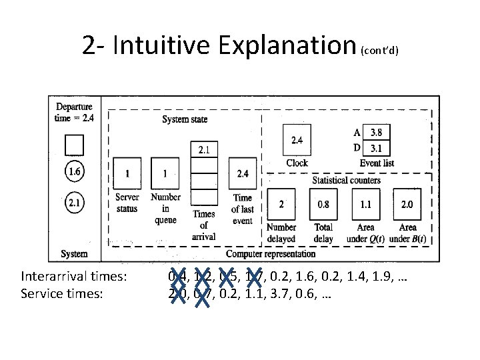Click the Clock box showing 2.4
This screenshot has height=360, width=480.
297,141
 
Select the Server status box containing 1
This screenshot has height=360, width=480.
127,174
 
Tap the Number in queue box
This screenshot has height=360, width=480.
165,174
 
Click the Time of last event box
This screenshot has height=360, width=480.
242,174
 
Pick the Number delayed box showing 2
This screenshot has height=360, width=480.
281,205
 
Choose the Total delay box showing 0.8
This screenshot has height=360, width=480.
323,205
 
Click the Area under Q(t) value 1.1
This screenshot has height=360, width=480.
365,205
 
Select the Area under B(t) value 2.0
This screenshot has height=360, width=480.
407,205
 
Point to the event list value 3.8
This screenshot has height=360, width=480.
377,133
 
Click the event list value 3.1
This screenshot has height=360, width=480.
377,147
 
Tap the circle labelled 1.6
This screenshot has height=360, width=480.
75,172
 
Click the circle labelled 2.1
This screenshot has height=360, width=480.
75,201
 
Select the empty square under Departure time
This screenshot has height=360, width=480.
75,144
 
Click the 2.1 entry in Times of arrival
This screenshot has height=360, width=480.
204,150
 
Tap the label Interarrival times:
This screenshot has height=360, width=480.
74,276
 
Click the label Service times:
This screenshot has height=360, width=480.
62,291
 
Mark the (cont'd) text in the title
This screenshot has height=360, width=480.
379,51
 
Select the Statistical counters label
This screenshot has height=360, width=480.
347,180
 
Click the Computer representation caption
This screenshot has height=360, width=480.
271,253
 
